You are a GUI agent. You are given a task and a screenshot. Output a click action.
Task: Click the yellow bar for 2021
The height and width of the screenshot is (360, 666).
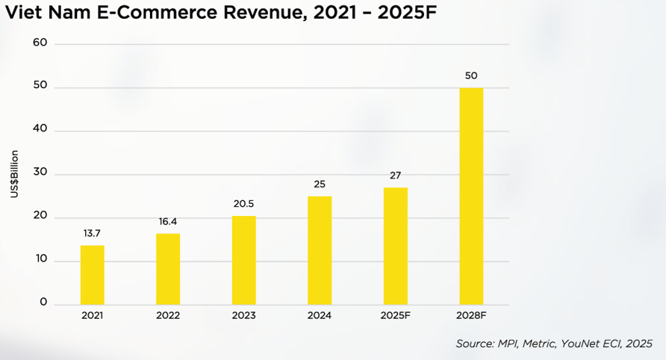click(93, 274)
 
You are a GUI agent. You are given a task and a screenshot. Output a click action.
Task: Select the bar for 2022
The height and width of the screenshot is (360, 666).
click(168, 269)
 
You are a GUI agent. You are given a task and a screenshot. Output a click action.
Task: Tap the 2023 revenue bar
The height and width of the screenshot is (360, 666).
click(243, 260)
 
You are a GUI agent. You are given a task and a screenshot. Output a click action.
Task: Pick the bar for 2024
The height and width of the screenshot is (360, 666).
click(320, 250)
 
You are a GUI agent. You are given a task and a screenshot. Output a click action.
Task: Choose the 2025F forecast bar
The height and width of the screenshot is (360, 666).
click(396, 246)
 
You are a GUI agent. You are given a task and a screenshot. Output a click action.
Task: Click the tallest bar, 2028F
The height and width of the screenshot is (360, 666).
click(471, 196)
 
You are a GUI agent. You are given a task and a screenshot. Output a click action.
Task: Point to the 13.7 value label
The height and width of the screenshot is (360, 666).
click(93, 233)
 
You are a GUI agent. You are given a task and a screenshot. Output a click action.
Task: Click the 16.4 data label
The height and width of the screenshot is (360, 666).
click(168, 222)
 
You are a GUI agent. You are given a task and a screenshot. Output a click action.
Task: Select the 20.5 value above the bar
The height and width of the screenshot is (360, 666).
click(243, 204)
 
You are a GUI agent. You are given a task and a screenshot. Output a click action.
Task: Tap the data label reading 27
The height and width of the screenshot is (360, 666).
click(396, 176)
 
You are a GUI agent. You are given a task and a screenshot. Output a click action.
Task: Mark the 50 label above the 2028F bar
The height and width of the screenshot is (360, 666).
click(471, 76)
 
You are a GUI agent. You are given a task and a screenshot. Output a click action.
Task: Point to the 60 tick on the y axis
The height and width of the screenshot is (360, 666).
click(40, 43)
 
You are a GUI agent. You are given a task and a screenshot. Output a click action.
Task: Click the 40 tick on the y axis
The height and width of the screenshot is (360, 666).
click(40, 129)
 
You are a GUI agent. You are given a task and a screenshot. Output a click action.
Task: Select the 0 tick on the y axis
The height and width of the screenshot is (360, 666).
click(43, 302)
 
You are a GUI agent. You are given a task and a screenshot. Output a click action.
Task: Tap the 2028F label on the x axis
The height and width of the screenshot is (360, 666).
click(471, 316)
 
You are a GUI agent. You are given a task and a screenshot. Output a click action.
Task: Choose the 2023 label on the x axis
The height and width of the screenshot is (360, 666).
click(243, 316)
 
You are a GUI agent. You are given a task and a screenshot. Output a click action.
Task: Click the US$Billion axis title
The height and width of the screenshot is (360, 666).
click(14, 174)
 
